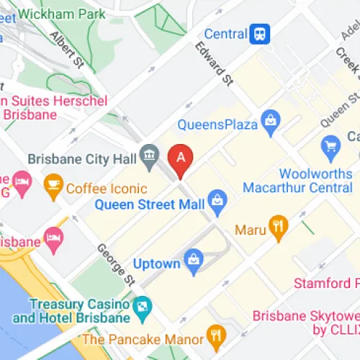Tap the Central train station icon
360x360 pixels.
click(x=260, y=33)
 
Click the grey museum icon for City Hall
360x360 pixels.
click(x=150, y=154)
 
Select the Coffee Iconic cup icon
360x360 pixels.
click(x=53, y=189)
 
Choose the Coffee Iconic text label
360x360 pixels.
click(x=106, y=189)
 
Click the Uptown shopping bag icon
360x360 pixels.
click(x=193, y=263)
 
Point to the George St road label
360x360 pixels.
click(x=115, y=263)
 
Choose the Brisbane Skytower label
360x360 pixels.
click(x=306, y=323)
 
